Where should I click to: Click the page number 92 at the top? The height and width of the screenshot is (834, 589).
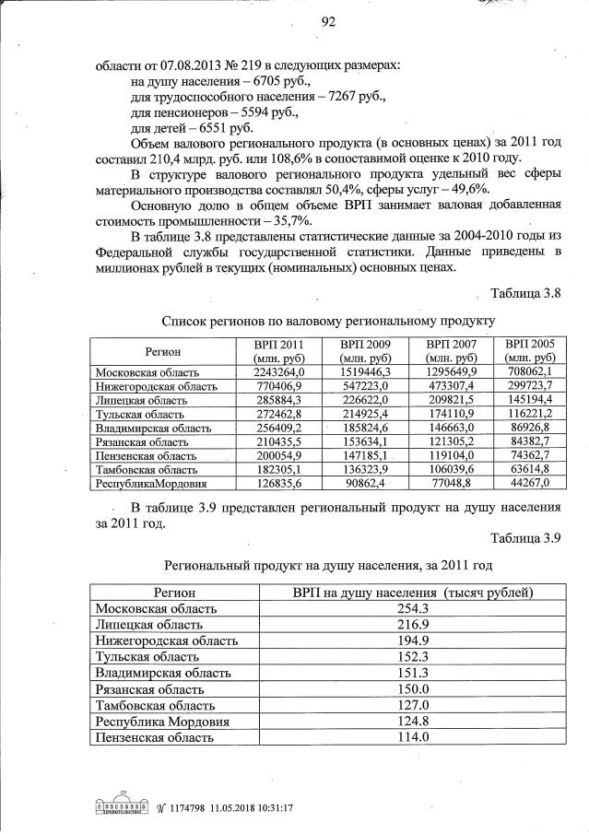[328, 23]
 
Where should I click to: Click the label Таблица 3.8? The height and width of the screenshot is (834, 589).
[525, 293]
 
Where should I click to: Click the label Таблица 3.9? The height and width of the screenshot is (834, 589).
[525, 538]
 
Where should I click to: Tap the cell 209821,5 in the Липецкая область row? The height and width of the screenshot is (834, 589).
[451, 400]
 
